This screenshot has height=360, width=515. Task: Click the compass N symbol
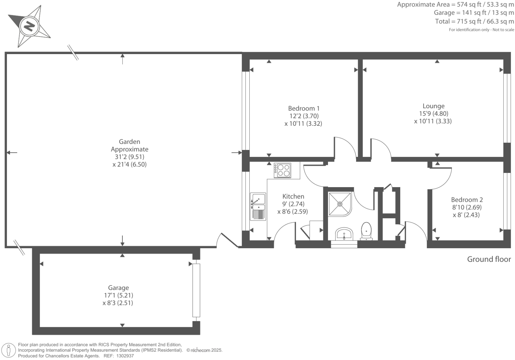click(29, 26)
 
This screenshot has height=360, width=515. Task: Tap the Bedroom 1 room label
click(303, 108)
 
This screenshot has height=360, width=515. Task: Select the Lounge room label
click(433, 106)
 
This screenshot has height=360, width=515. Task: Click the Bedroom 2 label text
click(467, 200)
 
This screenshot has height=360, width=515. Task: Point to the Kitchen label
click(293, 196)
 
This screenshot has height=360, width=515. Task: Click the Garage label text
click(118, 288)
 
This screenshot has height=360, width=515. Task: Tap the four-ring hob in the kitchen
click(282, 170)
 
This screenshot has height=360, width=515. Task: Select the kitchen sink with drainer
click(258, 206)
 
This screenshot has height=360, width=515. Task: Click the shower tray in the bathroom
click(340, 204)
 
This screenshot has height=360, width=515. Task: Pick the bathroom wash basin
click(344, 234)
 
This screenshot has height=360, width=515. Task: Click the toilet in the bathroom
click(366, 231)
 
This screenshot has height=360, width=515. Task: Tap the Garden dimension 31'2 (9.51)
click(129, 157)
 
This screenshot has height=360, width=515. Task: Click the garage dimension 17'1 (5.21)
click(118, 295)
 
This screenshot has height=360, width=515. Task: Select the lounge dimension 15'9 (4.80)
click(433, 113)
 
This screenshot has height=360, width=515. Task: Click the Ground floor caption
click(489, 259)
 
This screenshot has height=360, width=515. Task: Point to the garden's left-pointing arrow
click(12, 153)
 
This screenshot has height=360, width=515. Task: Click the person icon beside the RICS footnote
click(9, 350)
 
